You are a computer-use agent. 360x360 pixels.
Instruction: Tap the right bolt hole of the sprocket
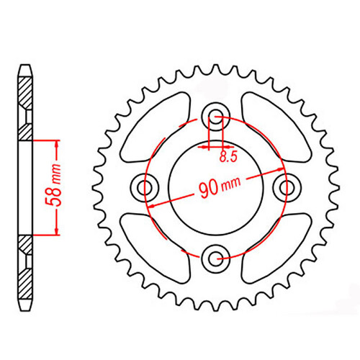286,187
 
